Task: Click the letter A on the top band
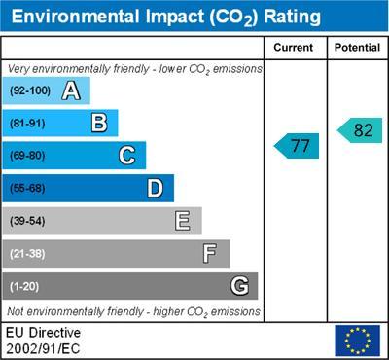[x=70, y=91]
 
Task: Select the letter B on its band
[x=98, y=123]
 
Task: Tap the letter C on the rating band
[x=126, y=156]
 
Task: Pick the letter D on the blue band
[x=155, y=188]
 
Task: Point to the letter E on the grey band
[x=182, y=221]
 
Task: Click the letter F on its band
[x=210, y=254]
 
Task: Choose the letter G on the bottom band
[x=238, y=286]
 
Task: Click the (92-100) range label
[x=29, y=91]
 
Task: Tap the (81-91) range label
[x=27, y=124]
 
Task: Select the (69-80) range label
[x=27, y=156]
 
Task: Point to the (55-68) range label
[x=27, y=189]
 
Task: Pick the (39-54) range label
[x=27, y=221]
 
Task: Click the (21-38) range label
[x=27, y=254]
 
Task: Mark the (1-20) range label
[x=24, y=287]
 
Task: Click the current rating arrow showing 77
[x=297, y=146]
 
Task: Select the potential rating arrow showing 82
[x=359, y=130]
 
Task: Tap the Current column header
[x=294, y=48]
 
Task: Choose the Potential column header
[x=357, y=48]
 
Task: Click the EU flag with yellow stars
[x=357, y=341]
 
